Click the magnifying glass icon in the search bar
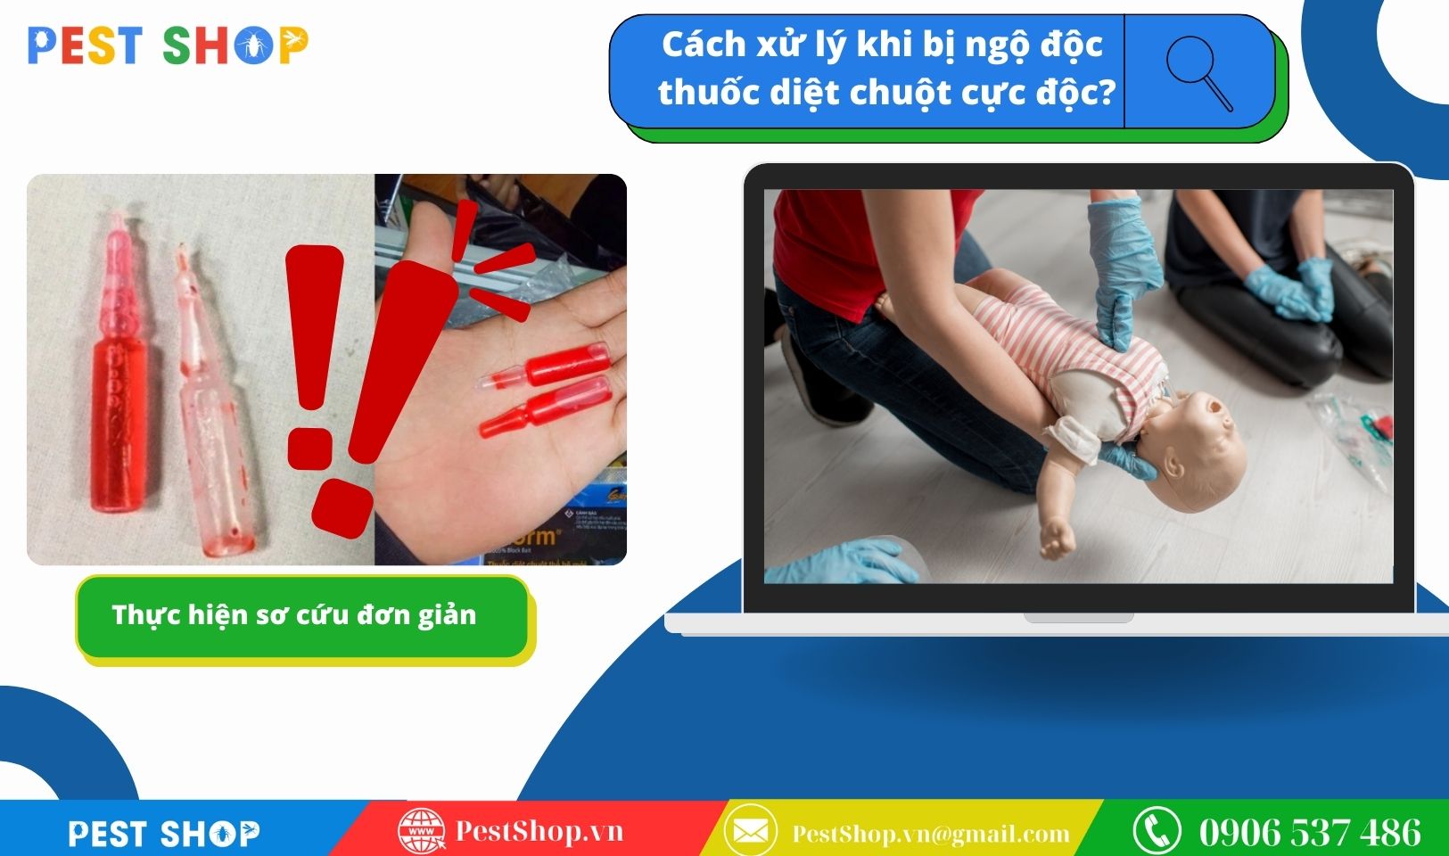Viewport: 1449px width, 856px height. point(1198,72)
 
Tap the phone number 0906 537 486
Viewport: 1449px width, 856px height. point(1310,832)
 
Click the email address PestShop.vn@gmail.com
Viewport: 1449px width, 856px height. point(931,834)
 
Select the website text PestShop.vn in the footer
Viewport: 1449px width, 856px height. point(539,831)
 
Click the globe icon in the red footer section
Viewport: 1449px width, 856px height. point(421,831)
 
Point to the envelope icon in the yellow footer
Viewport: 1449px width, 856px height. point(751,831)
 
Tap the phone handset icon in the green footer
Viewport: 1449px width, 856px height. point(1157,830)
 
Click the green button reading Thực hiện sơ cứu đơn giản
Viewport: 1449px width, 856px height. point(302,617)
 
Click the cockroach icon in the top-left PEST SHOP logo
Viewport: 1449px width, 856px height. point(253,45)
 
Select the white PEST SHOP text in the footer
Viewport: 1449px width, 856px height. point(164,834)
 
